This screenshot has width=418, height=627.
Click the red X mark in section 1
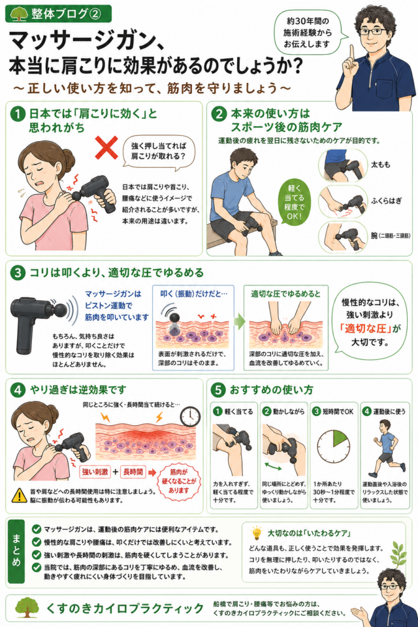106,148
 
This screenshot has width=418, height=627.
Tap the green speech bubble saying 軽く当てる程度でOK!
295,202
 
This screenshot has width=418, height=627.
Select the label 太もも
380,165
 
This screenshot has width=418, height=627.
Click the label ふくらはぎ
386,201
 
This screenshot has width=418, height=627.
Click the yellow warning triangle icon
19,496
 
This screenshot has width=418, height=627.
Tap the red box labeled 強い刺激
95,472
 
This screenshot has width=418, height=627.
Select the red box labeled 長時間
133,472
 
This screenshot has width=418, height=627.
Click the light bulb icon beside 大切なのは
256,534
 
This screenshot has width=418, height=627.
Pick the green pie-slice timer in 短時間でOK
338,440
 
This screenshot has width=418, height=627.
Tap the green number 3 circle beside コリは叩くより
18,273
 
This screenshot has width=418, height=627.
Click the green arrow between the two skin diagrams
239,321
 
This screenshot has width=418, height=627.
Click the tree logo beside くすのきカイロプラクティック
27,607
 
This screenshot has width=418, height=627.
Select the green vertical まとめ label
16,551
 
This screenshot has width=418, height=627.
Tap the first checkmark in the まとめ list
37,530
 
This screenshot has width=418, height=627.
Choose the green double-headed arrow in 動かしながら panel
273,466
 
